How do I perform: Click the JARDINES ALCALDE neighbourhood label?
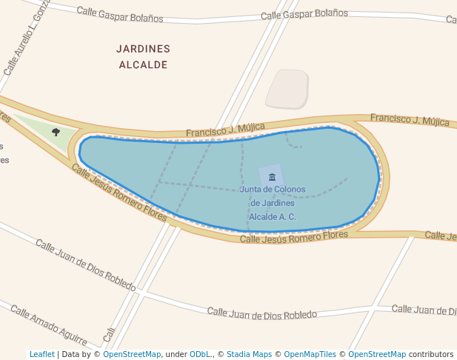(143, 57)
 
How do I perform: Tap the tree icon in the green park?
(56, 132)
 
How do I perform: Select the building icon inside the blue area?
(272, 176)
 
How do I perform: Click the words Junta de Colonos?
(272, 190)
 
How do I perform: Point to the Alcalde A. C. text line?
(272, 217)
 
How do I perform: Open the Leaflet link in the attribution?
(41, 354)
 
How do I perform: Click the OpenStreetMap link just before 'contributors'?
(376, 354)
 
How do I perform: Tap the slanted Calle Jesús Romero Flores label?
(119, 192)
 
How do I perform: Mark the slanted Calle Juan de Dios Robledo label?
(85, 264)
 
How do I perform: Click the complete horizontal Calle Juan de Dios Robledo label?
(261, 313)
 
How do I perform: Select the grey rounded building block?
(287, 88)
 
